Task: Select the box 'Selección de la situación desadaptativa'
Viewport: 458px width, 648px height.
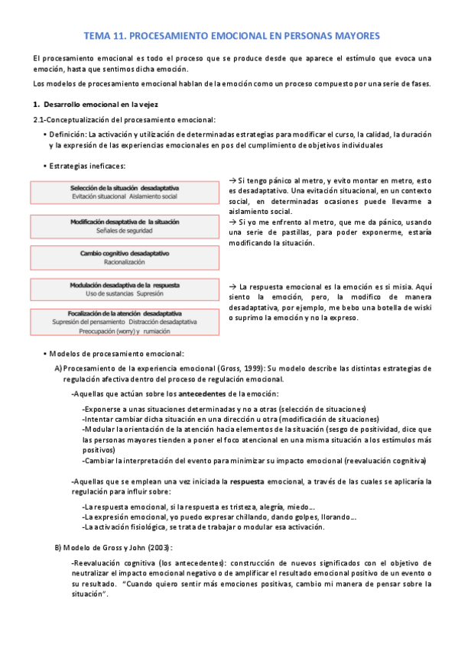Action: pos(124,192)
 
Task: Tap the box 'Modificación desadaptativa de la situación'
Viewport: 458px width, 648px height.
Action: pos(124,225)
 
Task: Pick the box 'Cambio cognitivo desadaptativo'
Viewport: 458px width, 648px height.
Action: pos(124,258)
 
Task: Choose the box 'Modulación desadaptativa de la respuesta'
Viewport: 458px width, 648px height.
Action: pos(124,289)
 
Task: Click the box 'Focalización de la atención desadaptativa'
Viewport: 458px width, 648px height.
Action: pos(124,322)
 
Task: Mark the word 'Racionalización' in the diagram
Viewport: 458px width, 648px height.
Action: pos(125,262)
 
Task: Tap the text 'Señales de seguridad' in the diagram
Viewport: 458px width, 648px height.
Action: pos(125,229)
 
